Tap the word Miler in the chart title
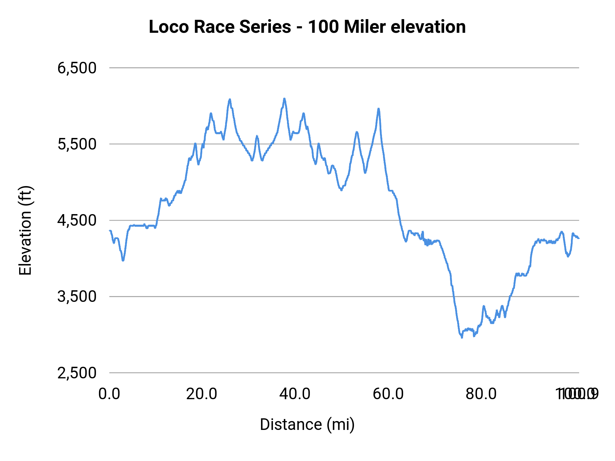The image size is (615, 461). [365, 27]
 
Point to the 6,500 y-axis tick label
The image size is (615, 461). [77, 68]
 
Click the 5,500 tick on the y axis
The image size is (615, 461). [77, 144]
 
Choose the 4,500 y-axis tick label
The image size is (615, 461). [77, 220]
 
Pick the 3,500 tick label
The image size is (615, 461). [77, 296]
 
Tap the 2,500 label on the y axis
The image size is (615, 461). [77, 373]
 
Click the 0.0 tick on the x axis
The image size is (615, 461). [109, 394]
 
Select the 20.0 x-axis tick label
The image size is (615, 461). [202, 394]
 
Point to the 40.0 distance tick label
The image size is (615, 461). [295, 394]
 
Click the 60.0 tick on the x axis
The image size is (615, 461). [388, 394]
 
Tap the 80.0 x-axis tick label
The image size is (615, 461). [481, 394]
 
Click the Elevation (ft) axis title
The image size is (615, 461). [25, 230]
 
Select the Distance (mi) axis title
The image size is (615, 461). [307, 424]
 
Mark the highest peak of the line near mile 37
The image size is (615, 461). [284, 99]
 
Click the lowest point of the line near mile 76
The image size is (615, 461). [462, 337]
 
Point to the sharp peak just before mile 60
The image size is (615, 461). [379, 109]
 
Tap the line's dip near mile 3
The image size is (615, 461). [123, 261]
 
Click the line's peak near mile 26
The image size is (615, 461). [230, 99]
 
